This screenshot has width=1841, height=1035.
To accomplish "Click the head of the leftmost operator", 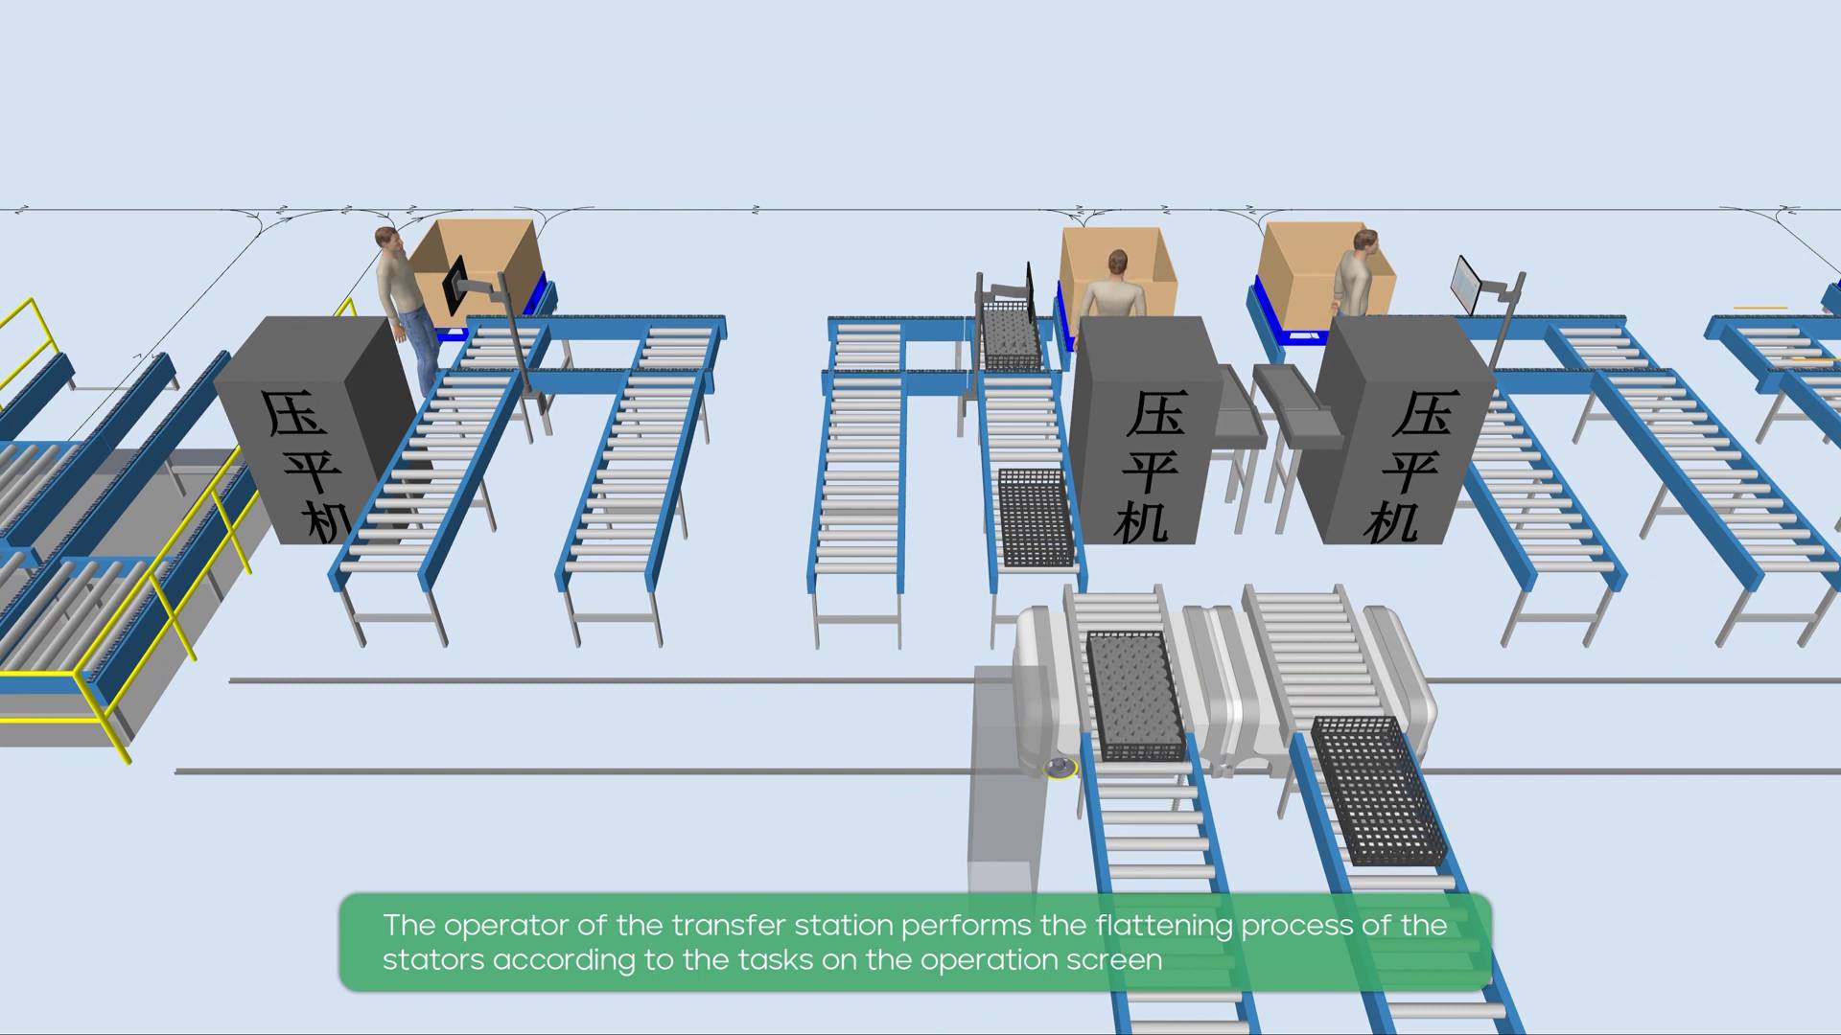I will [x=385, y=239].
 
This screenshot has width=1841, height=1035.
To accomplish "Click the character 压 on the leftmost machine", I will [x=295, y=413].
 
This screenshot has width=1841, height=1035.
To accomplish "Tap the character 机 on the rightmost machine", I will [x=1392, y=522].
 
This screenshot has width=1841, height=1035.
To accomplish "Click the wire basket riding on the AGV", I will [x=1134, y=694].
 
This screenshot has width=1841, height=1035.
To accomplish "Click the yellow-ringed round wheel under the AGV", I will [x=1060, y=768].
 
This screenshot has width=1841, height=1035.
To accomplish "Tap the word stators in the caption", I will [x=433, y=960].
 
